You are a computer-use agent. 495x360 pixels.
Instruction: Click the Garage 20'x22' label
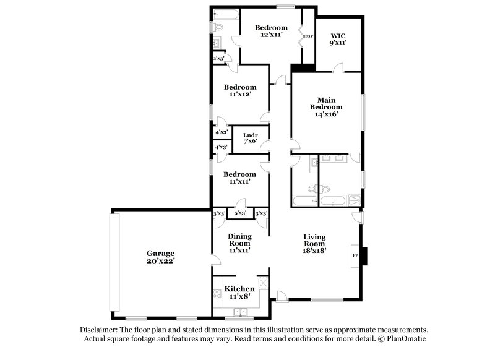(160, 257)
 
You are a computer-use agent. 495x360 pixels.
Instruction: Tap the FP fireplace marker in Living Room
(355, 255)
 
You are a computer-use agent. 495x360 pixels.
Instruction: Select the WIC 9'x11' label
(338, 38)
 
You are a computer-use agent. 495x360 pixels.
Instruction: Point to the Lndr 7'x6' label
(250, 138)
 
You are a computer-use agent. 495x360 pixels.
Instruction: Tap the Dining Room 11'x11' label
(239, 243)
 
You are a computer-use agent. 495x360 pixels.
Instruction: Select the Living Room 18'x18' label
(314, 243)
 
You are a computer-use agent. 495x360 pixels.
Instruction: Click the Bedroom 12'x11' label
(271, 31)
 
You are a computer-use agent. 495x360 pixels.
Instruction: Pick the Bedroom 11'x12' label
(240, 91)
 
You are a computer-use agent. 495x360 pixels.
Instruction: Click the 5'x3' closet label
(240, 213)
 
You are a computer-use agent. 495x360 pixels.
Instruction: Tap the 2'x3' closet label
(218, 58)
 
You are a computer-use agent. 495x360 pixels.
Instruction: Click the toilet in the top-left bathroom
(217, 27)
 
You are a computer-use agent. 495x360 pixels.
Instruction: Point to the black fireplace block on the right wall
(365, 255)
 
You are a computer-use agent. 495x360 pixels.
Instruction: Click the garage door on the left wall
(111, 262)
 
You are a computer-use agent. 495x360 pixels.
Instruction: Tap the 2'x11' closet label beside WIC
(308, 36)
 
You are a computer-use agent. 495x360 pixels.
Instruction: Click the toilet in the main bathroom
(312, 187)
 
